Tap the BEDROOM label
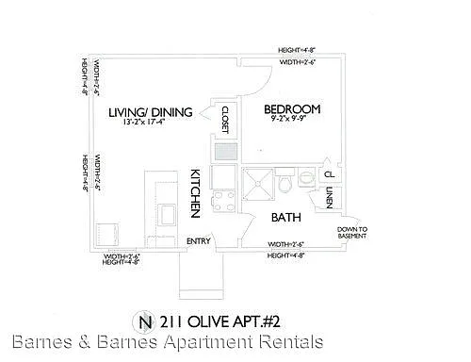pos(292,108)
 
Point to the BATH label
pos(286,216)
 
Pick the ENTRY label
pos(198,240)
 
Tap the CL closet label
pos(329,173)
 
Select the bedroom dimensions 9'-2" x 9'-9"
pos(292,121)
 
